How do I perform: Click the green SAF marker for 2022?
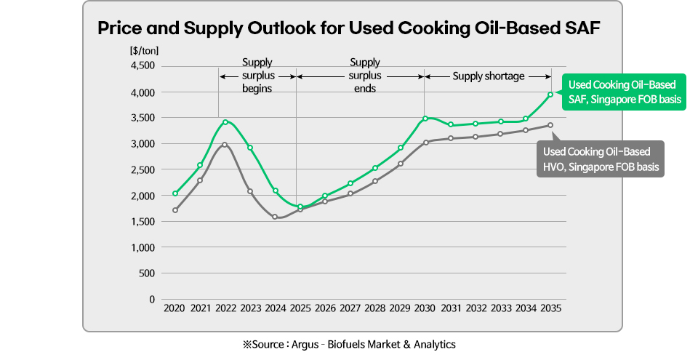coord(225,122)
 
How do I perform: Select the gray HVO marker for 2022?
coord(225,145)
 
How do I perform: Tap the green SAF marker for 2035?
coord(550,95)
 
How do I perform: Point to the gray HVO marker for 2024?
coord(275,217)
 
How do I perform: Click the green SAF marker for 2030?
coord(425,119)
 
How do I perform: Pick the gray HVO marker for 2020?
coord(175,210)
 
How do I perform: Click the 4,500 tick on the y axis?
coord(143,66)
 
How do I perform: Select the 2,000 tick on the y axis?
coord(143,196)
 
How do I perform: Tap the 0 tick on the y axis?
coord(151,299)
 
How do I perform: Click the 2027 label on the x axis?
coord(350,308)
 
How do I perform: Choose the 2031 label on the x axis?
coord(450,308)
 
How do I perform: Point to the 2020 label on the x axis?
coord(174,308)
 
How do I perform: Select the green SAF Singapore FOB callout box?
coord(624,92)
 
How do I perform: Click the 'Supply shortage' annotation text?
coord(488,76)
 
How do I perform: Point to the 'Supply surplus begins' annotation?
coord(257,76)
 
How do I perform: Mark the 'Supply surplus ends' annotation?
coord(364,76)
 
